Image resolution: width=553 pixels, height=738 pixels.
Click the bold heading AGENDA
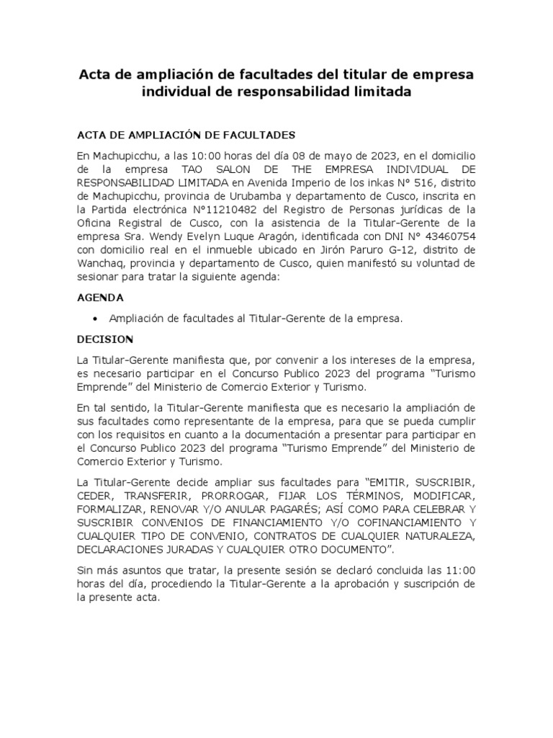click(101, 297)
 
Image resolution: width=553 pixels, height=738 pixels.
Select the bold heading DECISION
click(106, 338)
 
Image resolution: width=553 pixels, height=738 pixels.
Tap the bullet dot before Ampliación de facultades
click(95, 318)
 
